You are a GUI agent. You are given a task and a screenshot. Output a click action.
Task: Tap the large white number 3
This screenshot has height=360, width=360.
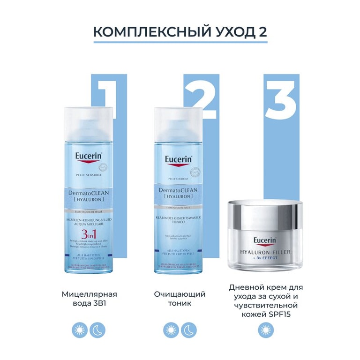tap(280, 99)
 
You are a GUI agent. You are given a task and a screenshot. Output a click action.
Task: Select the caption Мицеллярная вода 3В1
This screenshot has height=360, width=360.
tap(89, 299)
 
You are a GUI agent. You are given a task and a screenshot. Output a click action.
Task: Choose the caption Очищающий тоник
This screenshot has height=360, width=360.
tap(180, 299)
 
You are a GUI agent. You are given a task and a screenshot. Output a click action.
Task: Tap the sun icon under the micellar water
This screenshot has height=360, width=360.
tap(80, 330)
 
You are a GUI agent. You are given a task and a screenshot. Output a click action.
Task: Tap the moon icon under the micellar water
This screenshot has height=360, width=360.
tap(98, 330)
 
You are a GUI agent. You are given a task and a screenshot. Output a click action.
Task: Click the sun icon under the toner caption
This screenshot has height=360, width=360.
tap(171, 330)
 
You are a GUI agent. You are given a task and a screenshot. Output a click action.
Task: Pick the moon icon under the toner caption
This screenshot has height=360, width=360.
tap(189, 330)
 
